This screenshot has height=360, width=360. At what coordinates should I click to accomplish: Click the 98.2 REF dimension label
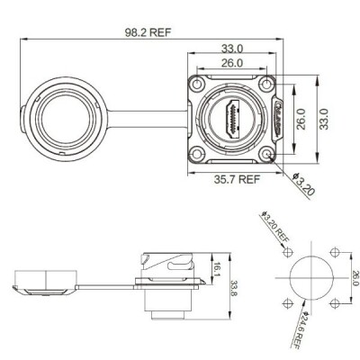click(x=148, y=32)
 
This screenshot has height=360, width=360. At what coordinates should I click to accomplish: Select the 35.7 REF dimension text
click(x=237, y=179)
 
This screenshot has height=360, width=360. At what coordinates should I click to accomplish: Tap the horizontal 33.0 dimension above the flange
click(x=232, y=49)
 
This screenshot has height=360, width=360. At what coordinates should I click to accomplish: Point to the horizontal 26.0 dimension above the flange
click(x=232, y=63)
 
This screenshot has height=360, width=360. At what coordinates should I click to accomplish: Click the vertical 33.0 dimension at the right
click(x=324, y=119)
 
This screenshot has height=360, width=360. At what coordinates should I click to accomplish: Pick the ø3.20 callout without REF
click(x=303, y=184)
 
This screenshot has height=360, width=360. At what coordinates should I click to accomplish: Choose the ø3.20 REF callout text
click(x=275, y=227)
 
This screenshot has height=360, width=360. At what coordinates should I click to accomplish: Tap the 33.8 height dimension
click(x=234, y=288)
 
